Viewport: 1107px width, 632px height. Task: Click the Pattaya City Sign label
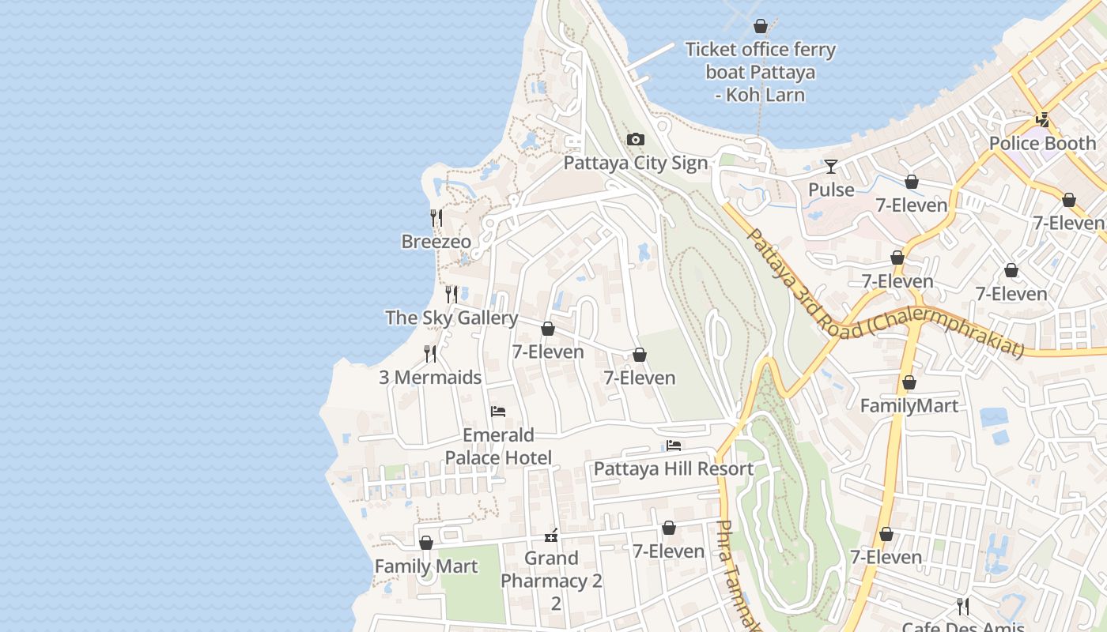click(x=635, y=163)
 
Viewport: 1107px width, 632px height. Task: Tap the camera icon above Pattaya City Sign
click(x=635, y=140)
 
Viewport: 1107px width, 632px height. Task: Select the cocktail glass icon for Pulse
click(x=831, y=167)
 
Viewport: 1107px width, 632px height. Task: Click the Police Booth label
click(x=1042, y=143)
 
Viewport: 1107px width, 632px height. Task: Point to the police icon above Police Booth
click(x=1043, y=120)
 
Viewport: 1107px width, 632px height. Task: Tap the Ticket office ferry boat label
click(x=760, y=72)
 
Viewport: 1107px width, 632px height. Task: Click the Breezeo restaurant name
click(x=436, y=242)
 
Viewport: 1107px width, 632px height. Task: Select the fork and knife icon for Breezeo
click(x=436, y=217)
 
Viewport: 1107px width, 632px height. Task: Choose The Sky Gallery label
click(x=451, y=318)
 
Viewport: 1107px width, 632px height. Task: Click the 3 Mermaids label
click(x=430, y=377)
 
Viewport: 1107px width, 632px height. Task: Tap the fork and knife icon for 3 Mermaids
click(x=430, y=353)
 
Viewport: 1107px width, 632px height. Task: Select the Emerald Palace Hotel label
click(x=498, y=446)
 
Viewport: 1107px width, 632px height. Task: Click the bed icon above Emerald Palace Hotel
click(x=498, y=411)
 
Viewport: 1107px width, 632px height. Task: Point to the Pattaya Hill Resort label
click(x=674, y=468)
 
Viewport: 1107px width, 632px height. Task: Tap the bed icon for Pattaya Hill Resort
click(x=674, y=446)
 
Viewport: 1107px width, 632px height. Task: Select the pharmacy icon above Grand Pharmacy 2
click(x=551, y=535)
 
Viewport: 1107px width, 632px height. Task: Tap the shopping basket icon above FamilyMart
click(x=909, y=382)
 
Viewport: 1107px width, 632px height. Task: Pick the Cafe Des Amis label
click(x=962, y=626)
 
